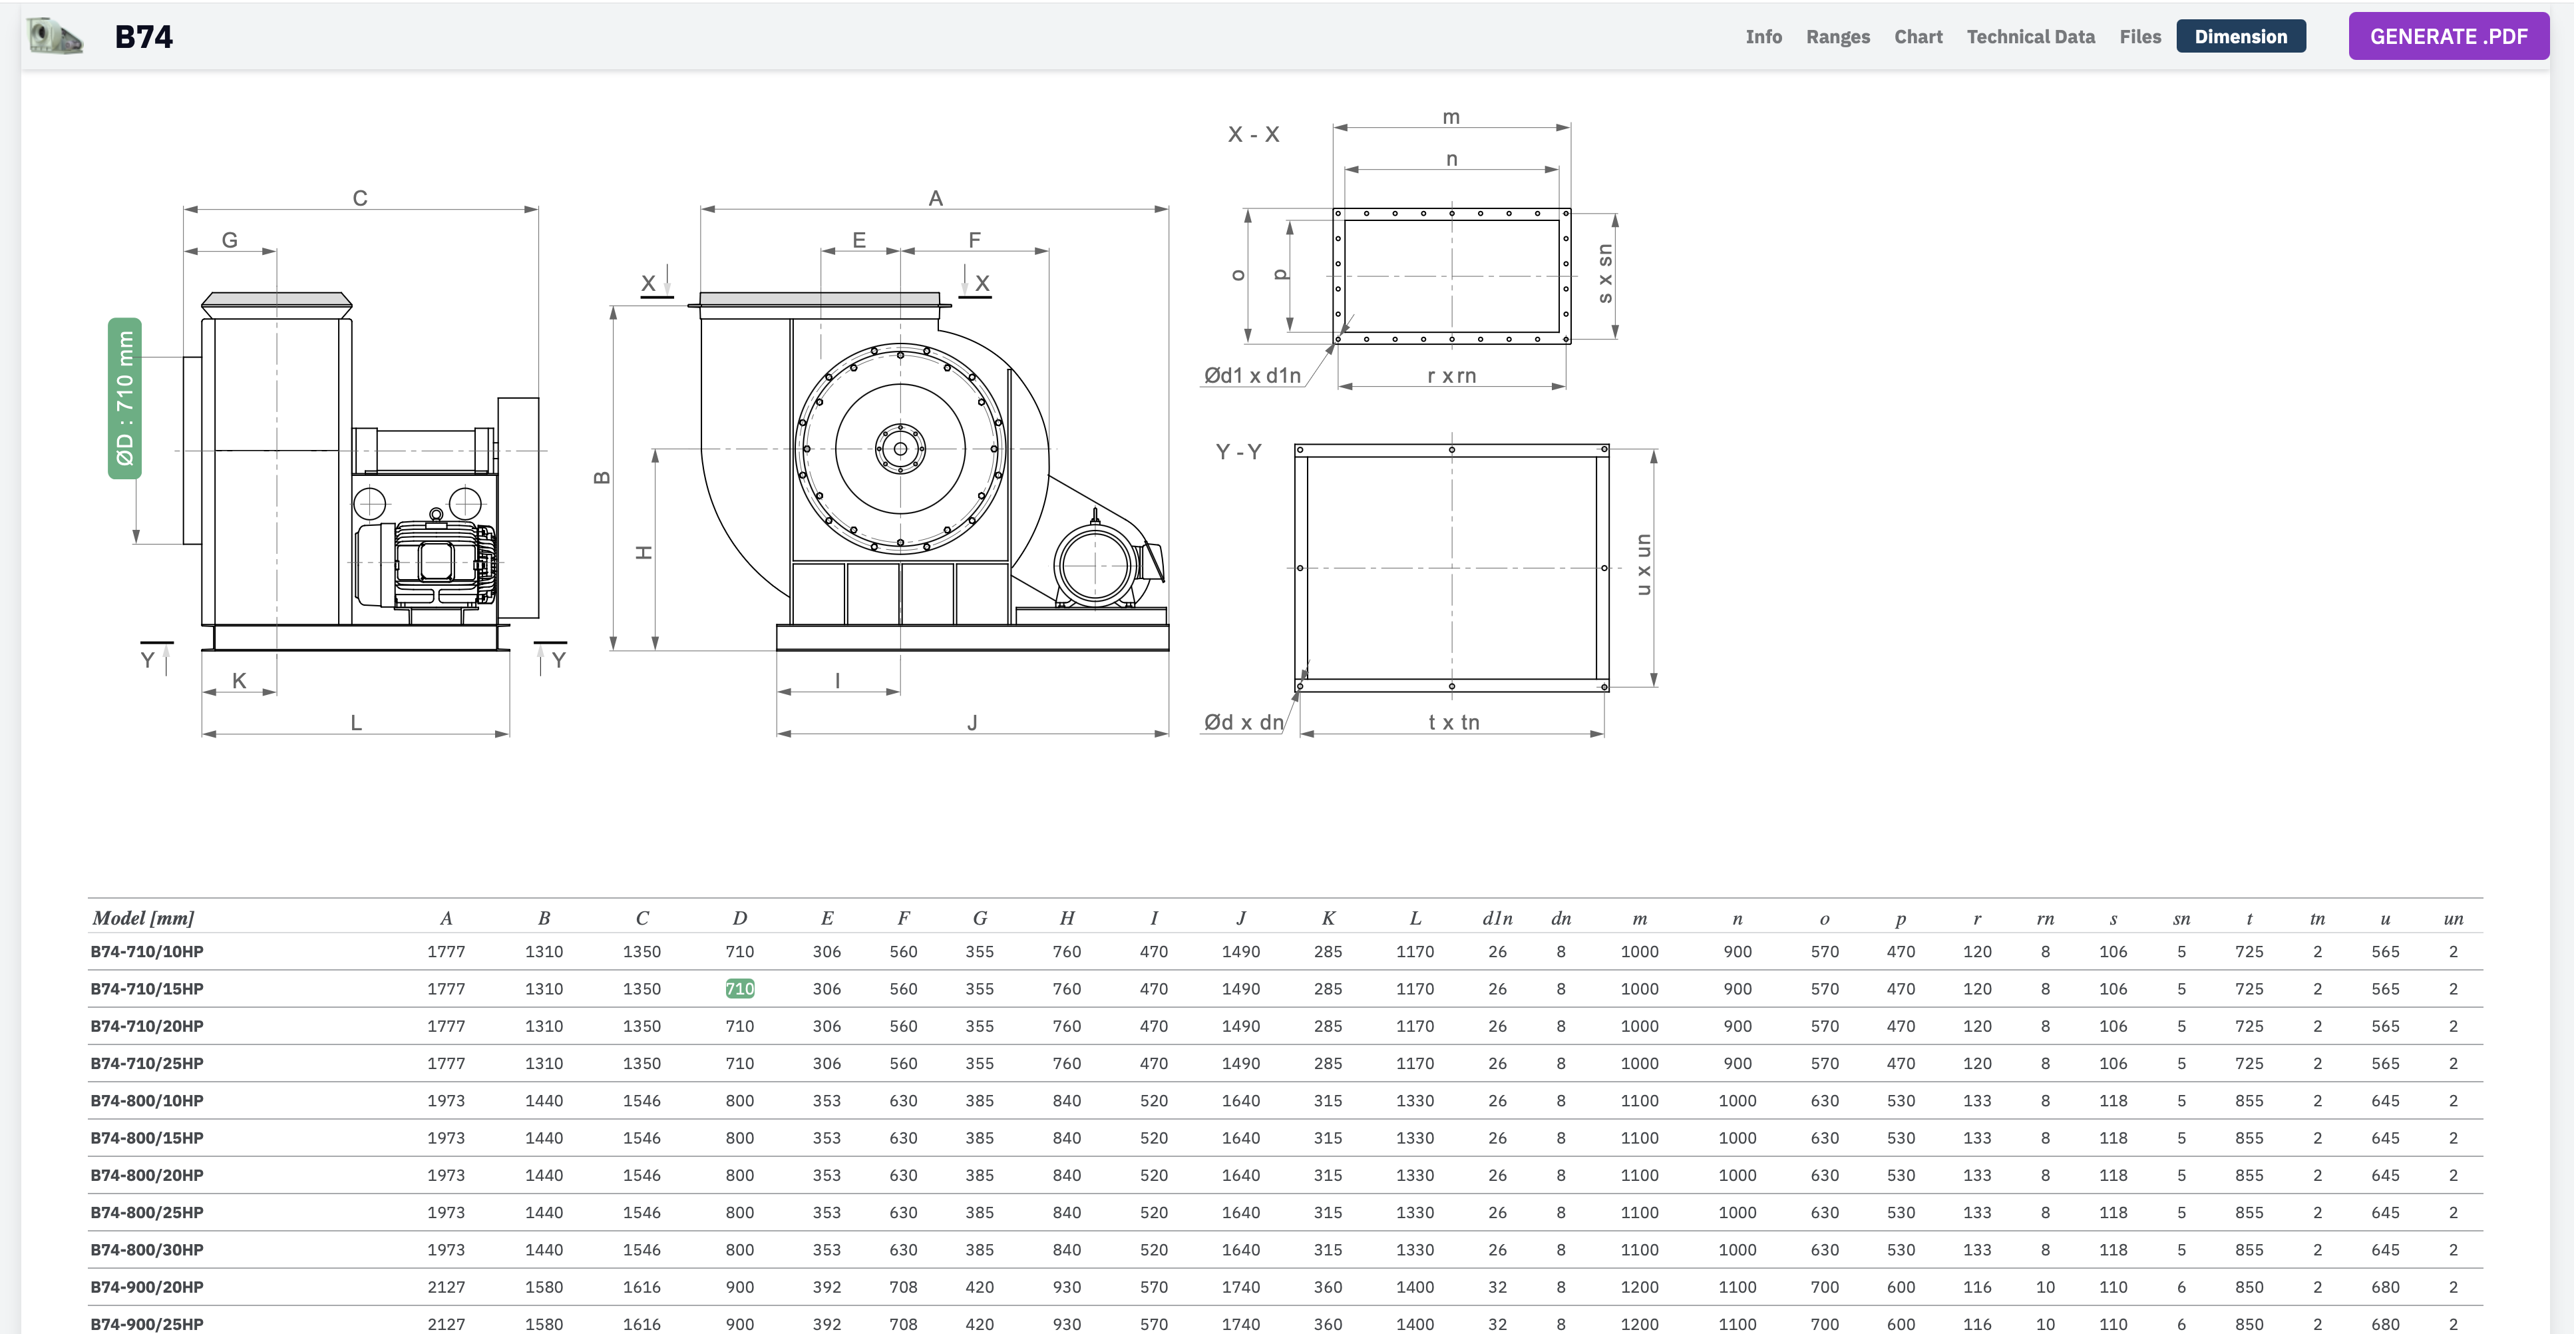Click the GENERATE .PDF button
tap(2448, 36)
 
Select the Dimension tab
tap(2240, 36)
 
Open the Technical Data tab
tap(2030, 36)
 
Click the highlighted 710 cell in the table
tap(739, 989)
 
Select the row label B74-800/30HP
tap(147, 1249)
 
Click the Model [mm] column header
tap(143, 917)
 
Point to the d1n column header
tap(1497, 917)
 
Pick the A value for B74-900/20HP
tap(446, 1287)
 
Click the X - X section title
tap(1253, 134)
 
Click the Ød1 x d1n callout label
tap(1252, 375)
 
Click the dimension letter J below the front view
tap(972, 722)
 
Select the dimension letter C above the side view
tap(360, 198)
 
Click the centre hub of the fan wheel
tap(900, 449)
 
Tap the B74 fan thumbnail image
tap(55, 36)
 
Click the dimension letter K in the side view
tap(239, 680)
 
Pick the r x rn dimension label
tap(1451, 375)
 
